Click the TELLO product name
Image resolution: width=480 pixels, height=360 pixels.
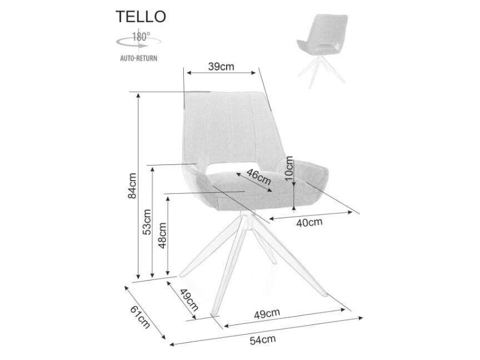[x=141, y=17]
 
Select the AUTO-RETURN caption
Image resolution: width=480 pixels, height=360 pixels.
[x=139, y=58]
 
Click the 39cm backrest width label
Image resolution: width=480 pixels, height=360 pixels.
[x=221, y=67]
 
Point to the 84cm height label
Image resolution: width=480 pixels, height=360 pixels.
[x=132, y=186]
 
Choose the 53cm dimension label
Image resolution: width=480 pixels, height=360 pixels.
[x=148, y=222]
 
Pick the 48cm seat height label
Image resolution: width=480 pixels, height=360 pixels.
[x=162, y=236]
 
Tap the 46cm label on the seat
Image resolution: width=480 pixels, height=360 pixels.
[x=259, y=177]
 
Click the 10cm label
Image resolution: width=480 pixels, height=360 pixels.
[x=289, y=169]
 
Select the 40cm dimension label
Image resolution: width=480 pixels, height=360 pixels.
[x=309, y=222]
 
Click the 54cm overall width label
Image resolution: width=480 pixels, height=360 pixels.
[x=263, y=340]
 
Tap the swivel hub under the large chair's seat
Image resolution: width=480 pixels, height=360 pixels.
[x=247, y=221]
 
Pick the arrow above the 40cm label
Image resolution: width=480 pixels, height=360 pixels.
[x=311, y=215]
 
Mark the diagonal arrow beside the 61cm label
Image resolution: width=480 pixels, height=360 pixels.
[x=144, y=313]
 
